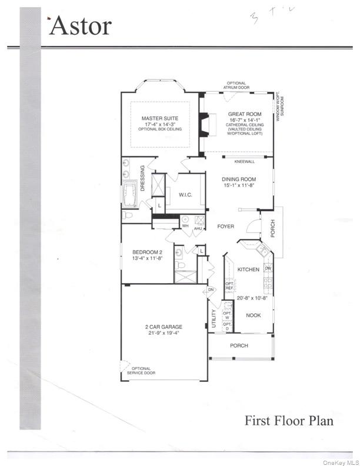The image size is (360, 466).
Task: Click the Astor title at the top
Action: click(x=81, y=26)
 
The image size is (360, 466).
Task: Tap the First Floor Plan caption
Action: click(x=289, y=421)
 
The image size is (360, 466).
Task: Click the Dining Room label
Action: click(x=239, y=179)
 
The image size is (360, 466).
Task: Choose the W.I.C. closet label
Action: click(x=185, y=195)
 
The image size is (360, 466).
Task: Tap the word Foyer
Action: click(x=226, y=226)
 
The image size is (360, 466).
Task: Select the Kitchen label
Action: click(x=248, y=269)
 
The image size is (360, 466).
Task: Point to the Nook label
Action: click(x=253, y=315)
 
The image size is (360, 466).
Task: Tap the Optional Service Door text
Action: click(x=141, y=371)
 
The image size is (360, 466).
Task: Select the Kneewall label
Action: click(x=244, y=161)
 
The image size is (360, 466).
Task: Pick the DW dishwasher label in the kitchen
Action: click(x=268, y=268)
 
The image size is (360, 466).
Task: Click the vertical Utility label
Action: click(x=214, y=319)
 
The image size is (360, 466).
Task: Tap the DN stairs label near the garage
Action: click(x=210, y=290)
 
